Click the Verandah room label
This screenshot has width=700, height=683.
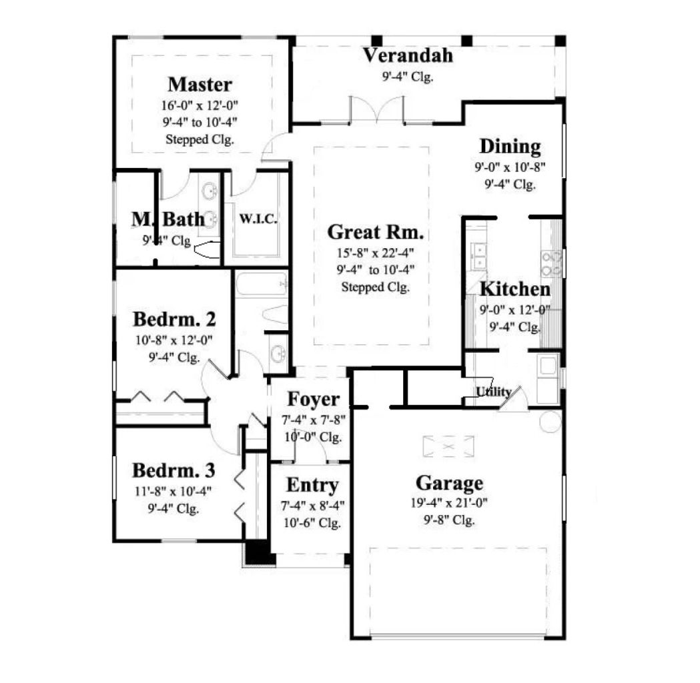click(408, 55)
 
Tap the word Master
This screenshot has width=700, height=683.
click(200, 85)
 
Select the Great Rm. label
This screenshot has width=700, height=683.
click(376, 233)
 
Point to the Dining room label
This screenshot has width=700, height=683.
click(510, 146)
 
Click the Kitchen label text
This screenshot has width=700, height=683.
click(515, 289)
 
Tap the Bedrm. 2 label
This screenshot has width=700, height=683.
click(174, 319)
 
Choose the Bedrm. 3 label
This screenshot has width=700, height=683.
click(173, 470)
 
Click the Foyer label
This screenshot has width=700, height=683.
click(313, 400)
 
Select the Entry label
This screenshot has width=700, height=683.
click(312, 485)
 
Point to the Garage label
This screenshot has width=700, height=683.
click(449, 482)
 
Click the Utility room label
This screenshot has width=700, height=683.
click(494, 392)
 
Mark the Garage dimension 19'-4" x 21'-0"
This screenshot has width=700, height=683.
click(449, 504)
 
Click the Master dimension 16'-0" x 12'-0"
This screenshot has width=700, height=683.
click(200, 105)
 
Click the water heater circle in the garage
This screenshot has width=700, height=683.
click(551, 421)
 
